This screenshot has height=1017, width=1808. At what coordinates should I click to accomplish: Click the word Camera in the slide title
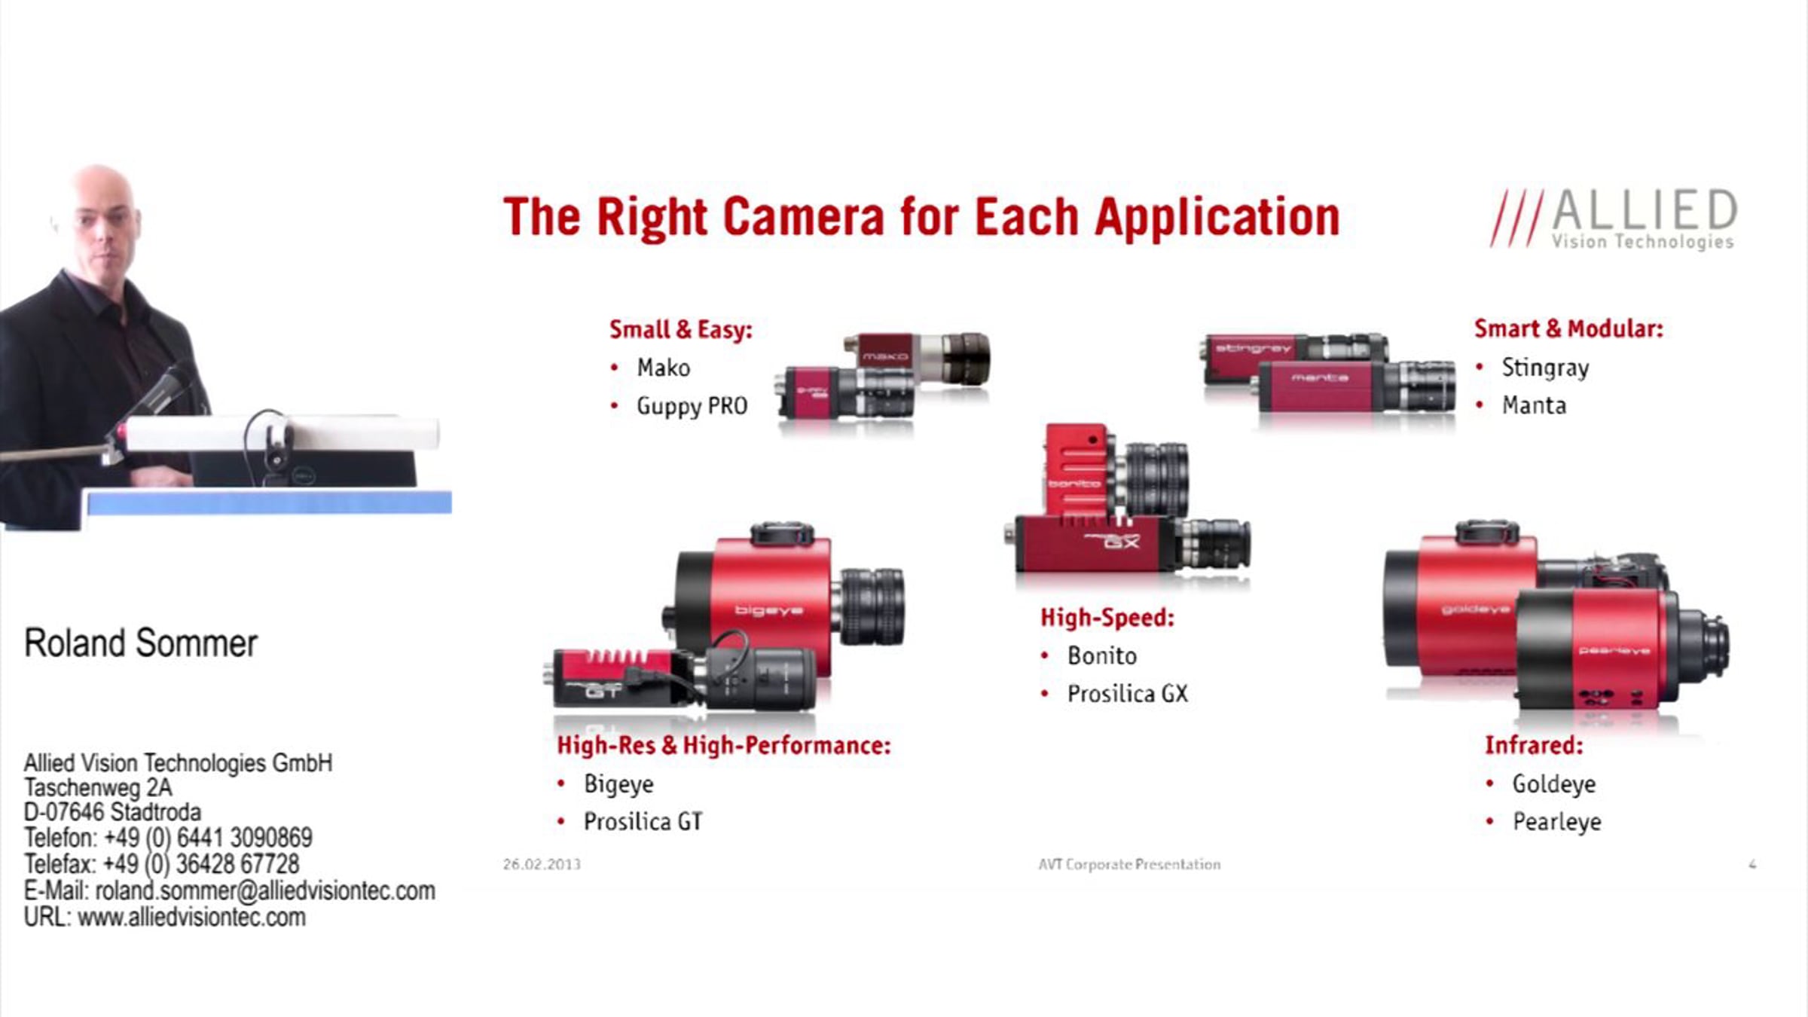tap(804, 217)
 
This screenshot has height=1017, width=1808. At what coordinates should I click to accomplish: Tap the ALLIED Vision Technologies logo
tap(1614, 218)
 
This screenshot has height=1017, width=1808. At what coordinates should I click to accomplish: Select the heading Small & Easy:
tap(680, 329)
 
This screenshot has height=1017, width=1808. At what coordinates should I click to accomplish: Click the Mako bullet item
tap(663, 368)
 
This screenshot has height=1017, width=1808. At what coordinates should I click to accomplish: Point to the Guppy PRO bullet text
tap(692, 406)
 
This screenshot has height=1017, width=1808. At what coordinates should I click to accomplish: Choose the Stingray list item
tap(1545, 368)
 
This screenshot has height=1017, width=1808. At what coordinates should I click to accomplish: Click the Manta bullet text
tap(1534, 405)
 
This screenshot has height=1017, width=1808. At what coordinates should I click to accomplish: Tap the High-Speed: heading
tap(1107, 618)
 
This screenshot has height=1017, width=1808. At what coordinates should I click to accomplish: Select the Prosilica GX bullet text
tap(1127, 694)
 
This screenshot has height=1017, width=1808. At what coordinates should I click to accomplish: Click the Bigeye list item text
tap(618, 784)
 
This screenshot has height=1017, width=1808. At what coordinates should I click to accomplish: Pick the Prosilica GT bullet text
tap(643, 821)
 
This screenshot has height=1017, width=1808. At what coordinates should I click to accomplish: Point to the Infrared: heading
tap(1534, 745)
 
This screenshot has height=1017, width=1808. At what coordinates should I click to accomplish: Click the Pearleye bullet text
tap(1556, 822)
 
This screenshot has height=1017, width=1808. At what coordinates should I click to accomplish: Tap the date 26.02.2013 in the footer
tap(542, 864)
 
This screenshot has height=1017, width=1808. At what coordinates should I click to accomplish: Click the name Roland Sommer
tap(141, 643)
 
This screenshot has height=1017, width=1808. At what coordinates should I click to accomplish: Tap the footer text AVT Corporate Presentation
tap(1129, 864)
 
